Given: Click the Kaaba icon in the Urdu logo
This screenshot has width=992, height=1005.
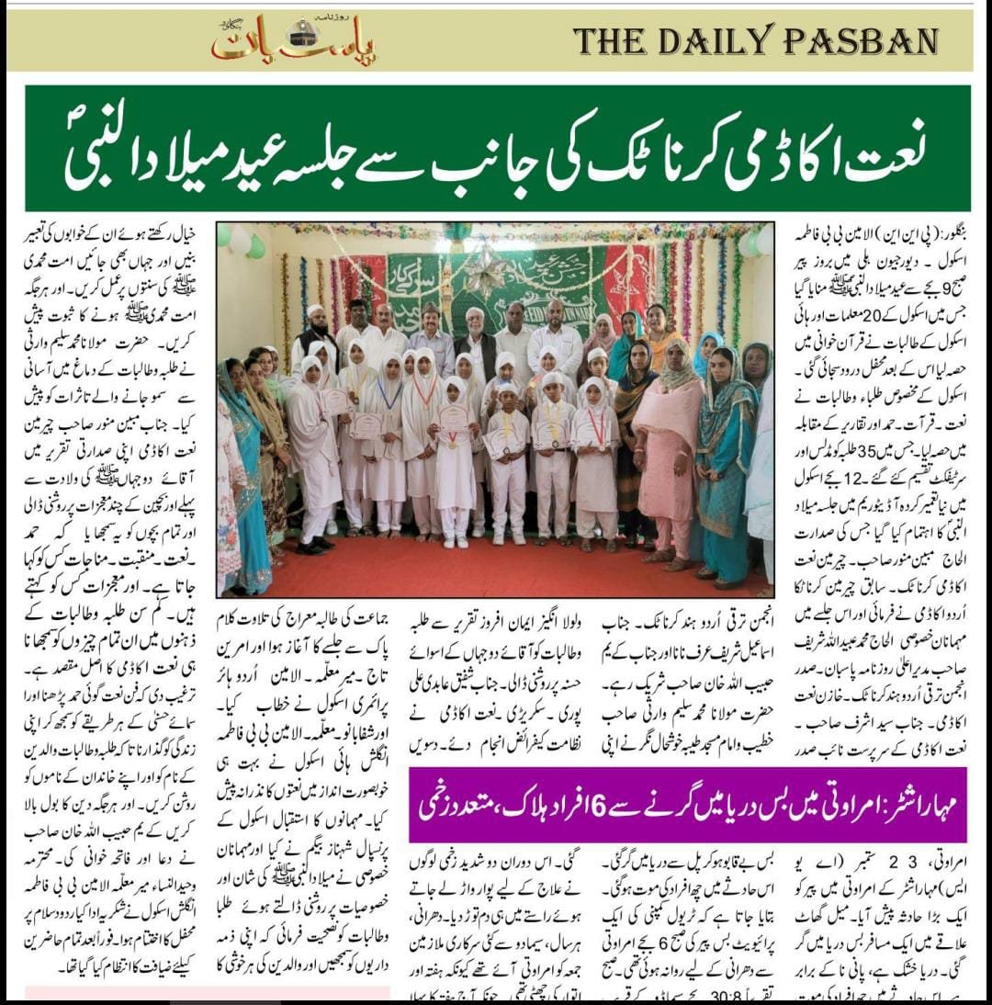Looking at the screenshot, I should (301, 33).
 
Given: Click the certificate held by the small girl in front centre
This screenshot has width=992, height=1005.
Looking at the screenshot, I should (453, 418).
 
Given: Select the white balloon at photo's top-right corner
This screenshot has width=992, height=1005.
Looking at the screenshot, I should (761, 241).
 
